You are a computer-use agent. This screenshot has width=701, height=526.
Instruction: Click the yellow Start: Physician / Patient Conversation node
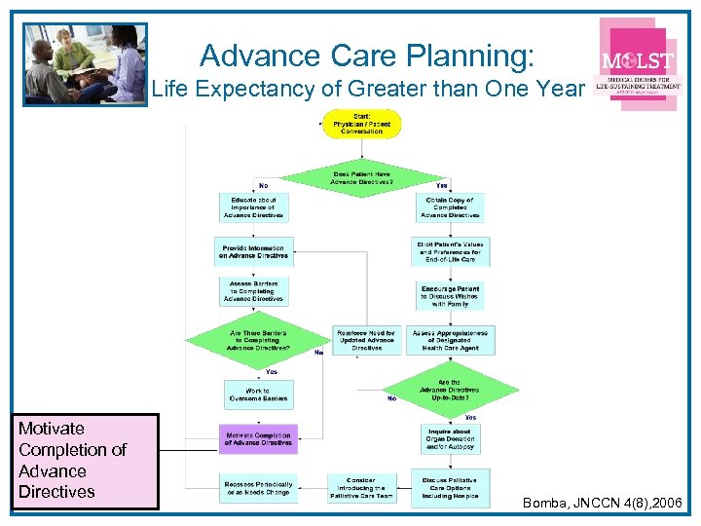click(x=362, y=125)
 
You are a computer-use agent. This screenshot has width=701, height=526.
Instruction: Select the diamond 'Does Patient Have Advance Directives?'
click(x=362, y=178)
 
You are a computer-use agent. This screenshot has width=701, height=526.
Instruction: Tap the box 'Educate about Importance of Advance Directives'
click(x=253, y=207)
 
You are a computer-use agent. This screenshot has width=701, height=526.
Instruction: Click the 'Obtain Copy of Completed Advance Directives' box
click(x=450, y=207)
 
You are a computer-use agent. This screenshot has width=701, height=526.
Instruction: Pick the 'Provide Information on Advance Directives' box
click(x=253, y=252)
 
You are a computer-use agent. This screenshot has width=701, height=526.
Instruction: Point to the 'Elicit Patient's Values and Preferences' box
click(x=450, y=252)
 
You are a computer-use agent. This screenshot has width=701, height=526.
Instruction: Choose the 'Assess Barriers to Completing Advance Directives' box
click(x=253, y=292)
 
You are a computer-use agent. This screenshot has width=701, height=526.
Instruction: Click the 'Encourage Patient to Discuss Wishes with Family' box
click(x=450, y=296)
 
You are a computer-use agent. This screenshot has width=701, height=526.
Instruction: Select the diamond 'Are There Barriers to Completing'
click(x=257, y=340)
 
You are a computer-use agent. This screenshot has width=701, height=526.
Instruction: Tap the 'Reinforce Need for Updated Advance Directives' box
click(x=366, y=340)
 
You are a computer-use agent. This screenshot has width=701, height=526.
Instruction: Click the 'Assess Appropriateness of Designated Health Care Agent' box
click(x=450, y=340)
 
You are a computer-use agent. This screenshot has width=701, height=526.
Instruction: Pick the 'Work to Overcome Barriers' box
click(x=257, y=394)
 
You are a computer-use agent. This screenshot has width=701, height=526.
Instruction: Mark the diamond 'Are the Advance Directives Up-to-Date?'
click(x=450, y=390)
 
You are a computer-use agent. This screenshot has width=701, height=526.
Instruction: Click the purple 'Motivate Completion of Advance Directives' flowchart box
click(x=258, y=439)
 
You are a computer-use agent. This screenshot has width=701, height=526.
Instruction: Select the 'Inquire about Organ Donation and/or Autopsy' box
click(x=450, y=439)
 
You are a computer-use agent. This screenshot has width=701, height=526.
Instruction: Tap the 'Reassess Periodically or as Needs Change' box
click(x=257, y=487)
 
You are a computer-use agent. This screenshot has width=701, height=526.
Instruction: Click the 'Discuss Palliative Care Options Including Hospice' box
click(x=450, y=487)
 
